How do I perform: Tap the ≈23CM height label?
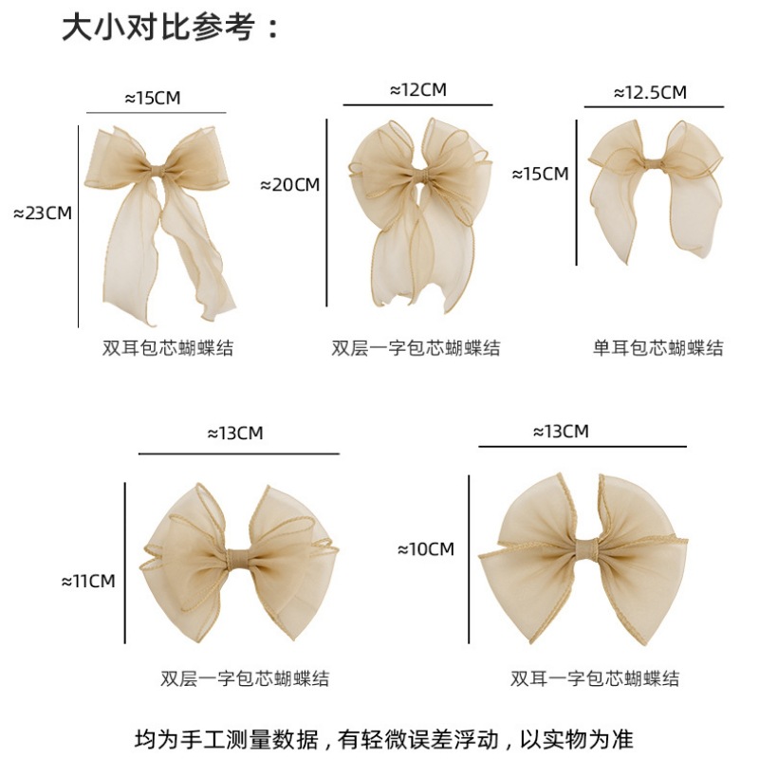click(x=43, y=213)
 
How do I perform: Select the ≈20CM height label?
click(x=289, y=185)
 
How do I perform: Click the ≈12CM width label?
click(x=417, y=90)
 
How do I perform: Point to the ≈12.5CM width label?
click(x=650, y=92)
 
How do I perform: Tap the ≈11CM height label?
click(x=87, y=581)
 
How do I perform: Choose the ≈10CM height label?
click(x=425, y=548)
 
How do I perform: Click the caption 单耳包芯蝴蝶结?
click(x=657, y=348)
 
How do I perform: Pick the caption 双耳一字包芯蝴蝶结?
click(x=595, y=677)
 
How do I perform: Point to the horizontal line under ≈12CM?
click(x=417, y=104)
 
